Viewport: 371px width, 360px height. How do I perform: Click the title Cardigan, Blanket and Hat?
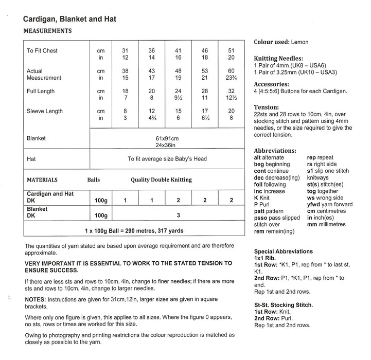(x=70, y=20)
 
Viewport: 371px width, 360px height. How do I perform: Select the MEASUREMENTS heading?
(x=48, y=31)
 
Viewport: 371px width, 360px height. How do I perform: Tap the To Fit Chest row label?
(x=42, y=51)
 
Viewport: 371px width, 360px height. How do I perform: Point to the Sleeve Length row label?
(x=45, y=111)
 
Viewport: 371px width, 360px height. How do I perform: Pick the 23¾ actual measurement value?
(x=231, y=78)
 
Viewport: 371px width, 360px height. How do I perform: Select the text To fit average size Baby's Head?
(x=167, y=159)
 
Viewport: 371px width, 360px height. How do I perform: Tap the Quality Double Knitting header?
(x=161, y=180)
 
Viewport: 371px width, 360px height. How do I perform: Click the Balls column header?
(x=94, y=180)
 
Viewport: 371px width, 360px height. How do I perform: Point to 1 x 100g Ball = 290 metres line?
(x=134, y=231)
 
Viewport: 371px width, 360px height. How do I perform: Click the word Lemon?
(x=300, y=42)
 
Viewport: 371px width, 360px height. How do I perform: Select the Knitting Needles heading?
(x=278, y=59)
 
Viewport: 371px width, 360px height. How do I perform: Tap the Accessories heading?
(x=271, y=84)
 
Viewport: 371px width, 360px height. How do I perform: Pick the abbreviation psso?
(x=261, y=218)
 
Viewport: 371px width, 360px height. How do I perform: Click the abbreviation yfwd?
(x=314, y=204)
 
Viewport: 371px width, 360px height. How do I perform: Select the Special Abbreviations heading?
(x=284, y=251)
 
